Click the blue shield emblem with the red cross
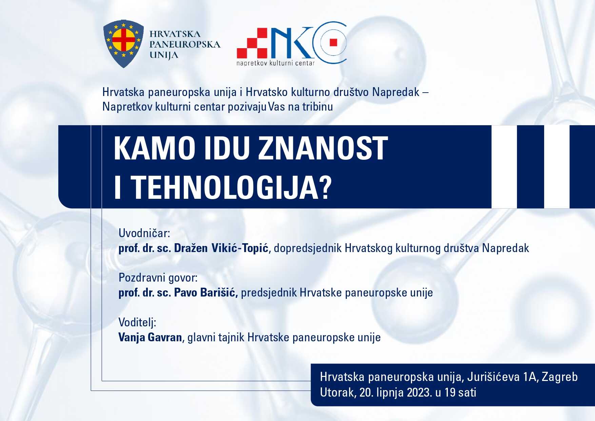tap(123, 43)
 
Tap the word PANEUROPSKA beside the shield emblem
tap(185, 44)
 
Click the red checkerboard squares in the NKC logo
tap(252, 43)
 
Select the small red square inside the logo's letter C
tap(333, 42)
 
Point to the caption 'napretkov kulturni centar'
tap(276, 63)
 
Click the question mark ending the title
tap(325, 187)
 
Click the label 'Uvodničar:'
tap(144, 233)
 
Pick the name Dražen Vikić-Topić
tap(221, 248)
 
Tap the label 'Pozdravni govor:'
tap(158, 278)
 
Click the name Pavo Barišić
tap(205, 292)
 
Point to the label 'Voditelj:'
tap(137, 322)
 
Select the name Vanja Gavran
tap(150, 337)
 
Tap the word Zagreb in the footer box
tap(560, 377)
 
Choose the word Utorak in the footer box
tap(337, 393)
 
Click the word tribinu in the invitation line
tap(318, 107)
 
